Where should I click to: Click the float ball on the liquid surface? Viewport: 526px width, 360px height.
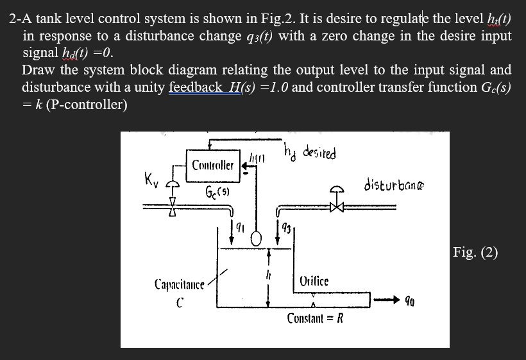[x=256, y=239]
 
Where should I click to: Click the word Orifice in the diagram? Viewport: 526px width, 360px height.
[x=314, y=280]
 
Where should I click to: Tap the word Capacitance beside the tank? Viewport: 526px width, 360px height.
[x=180, y=283]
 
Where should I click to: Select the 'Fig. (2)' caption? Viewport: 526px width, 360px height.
[x=475, y=251]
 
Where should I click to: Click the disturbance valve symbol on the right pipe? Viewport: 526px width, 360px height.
[x=334, y=206]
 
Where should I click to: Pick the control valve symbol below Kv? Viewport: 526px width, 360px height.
[x=171, y=207]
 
